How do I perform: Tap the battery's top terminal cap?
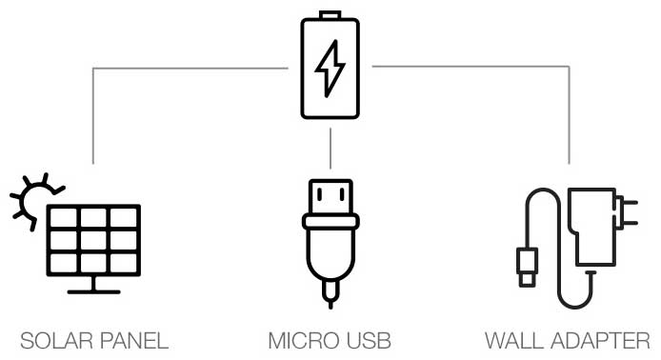330,15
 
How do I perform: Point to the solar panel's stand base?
93,290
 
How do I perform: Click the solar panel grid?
93,239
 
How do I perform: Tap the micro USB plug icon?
330,233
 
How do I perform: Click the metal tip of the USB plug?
330,195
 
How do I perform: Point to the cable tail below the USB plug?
330,293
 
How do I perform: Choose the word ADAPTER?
602,340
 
